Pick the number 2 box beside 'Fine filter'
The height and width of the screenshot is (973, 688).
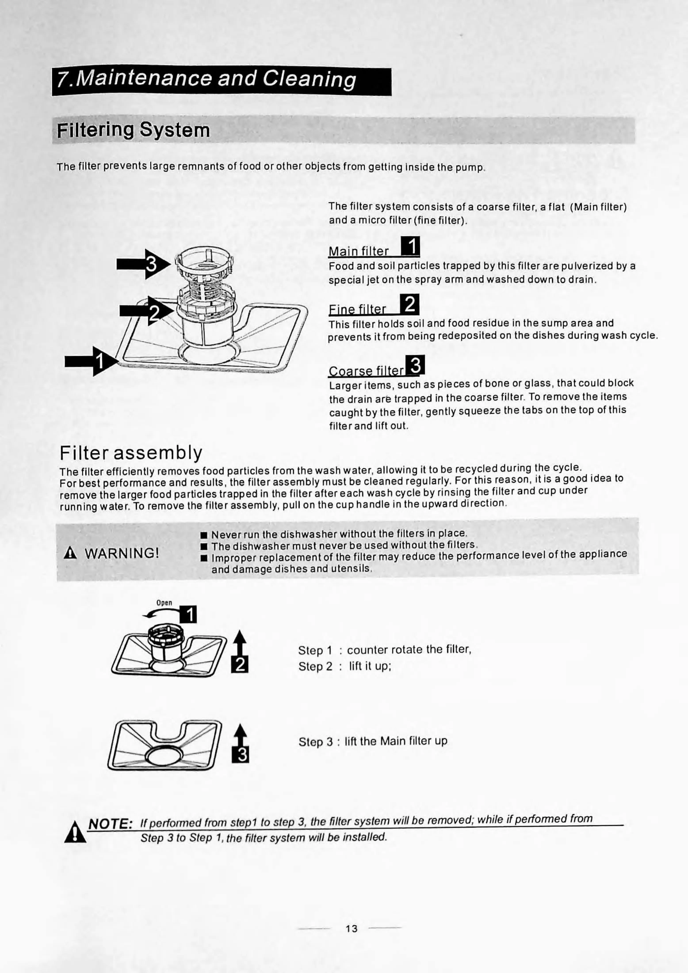(x=409, y=304)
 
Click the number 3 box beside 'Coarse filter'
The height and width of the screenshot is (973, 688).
(x=415, y=365)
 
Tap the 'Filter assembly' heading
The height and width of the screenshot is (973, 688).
(x=131, y=453)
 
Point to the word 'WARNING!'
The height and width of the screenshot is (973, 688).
(x=122, y=553)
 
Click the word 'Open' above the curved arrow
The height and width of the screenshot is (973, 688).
(x=164, y=603)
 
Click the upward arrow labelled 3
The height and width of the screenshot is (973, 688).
(x=240, y=735)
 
